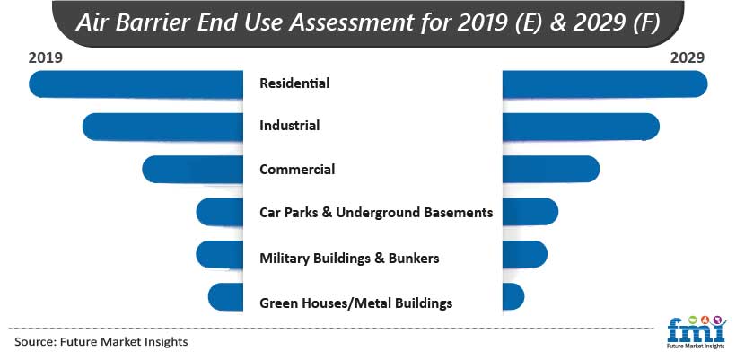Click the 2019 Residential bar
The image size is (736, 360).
[x=136, y=84]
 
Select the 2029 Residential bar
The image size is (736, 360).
[x=605, y=84]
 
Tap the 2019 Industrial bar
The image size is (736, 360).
[x=162, y=127]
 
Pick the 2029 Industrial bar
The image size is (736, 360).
[x=581, y=127]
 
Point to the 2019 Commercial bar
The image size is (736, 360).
[x=192, y=170]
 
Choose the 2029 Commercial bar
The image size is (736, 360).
[x=550, y=169]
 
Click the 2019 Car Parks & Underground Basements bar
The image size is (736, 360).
[x=220, y=212]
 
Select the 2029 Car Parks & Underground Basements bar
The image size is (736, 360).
[x=530, y=212]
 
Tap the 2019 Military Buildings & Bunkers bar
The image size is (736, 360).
[x=220, y=255]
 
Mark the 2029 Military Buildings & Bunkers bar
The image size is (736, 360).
[x=525, y=254]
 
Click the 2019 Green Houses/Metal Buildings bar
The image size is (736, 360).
[x=226, y=297]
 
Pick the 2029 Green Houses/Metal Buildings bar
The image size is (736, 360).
[x=513, y=296]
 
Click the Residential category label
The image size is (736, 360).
[x=294, y=83]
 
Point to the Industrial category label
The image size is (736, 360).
[x=290, y=126]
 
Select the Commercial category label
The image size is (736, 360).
[x=297, y=169]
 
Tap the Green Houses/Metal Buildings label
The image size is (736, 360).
[x=355, y=303]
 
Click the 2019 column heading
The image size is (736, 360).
[x=45, y=57]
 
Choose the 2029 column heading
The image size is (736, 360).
[x=688, y=57]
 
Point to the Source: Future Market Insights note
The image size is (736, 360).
[x=101, y=341]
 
